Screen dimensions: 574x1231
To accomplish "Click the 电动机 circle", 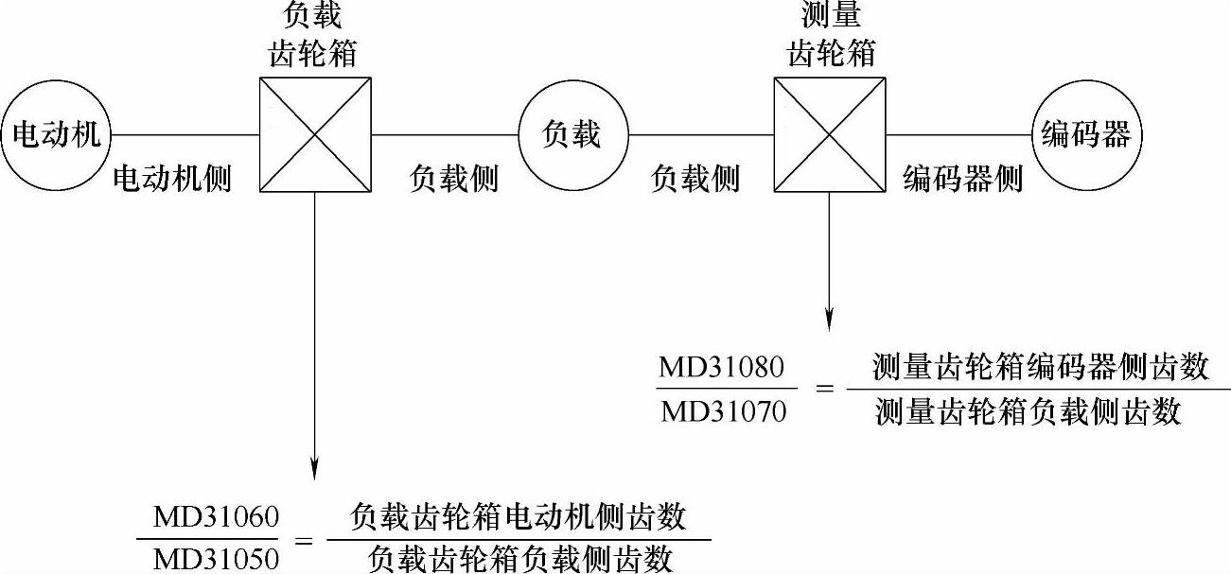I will (x=55, y=134).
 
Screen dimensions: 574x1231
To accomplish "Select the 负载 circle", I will (x=572, y=134).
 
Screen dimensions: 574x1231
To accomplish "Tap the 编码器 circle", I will (x=1085, y=134).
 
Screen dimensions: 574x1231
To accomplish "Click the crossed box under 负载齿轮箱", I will (x=315, y=134).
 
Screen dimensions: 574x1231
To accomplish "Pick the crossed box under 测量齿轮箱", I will (x=829, y=134).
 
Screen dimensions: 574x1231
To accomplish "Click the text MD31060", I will (x=217, y=518).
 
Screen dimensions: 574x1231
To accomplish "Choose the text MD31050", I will (x=217, y=559).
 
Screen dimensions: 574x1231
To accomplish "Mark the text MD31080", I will (x=722, y=369).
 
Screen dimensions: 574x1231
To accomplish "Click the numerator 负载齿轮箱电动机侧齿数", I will (x=518, y=518).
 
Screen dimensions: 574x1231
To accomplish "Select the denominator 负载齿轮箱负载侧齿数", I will (x=519, y=559).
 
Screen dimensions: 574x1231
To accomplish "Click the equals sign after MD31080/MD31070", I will (x=823, y=390).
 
